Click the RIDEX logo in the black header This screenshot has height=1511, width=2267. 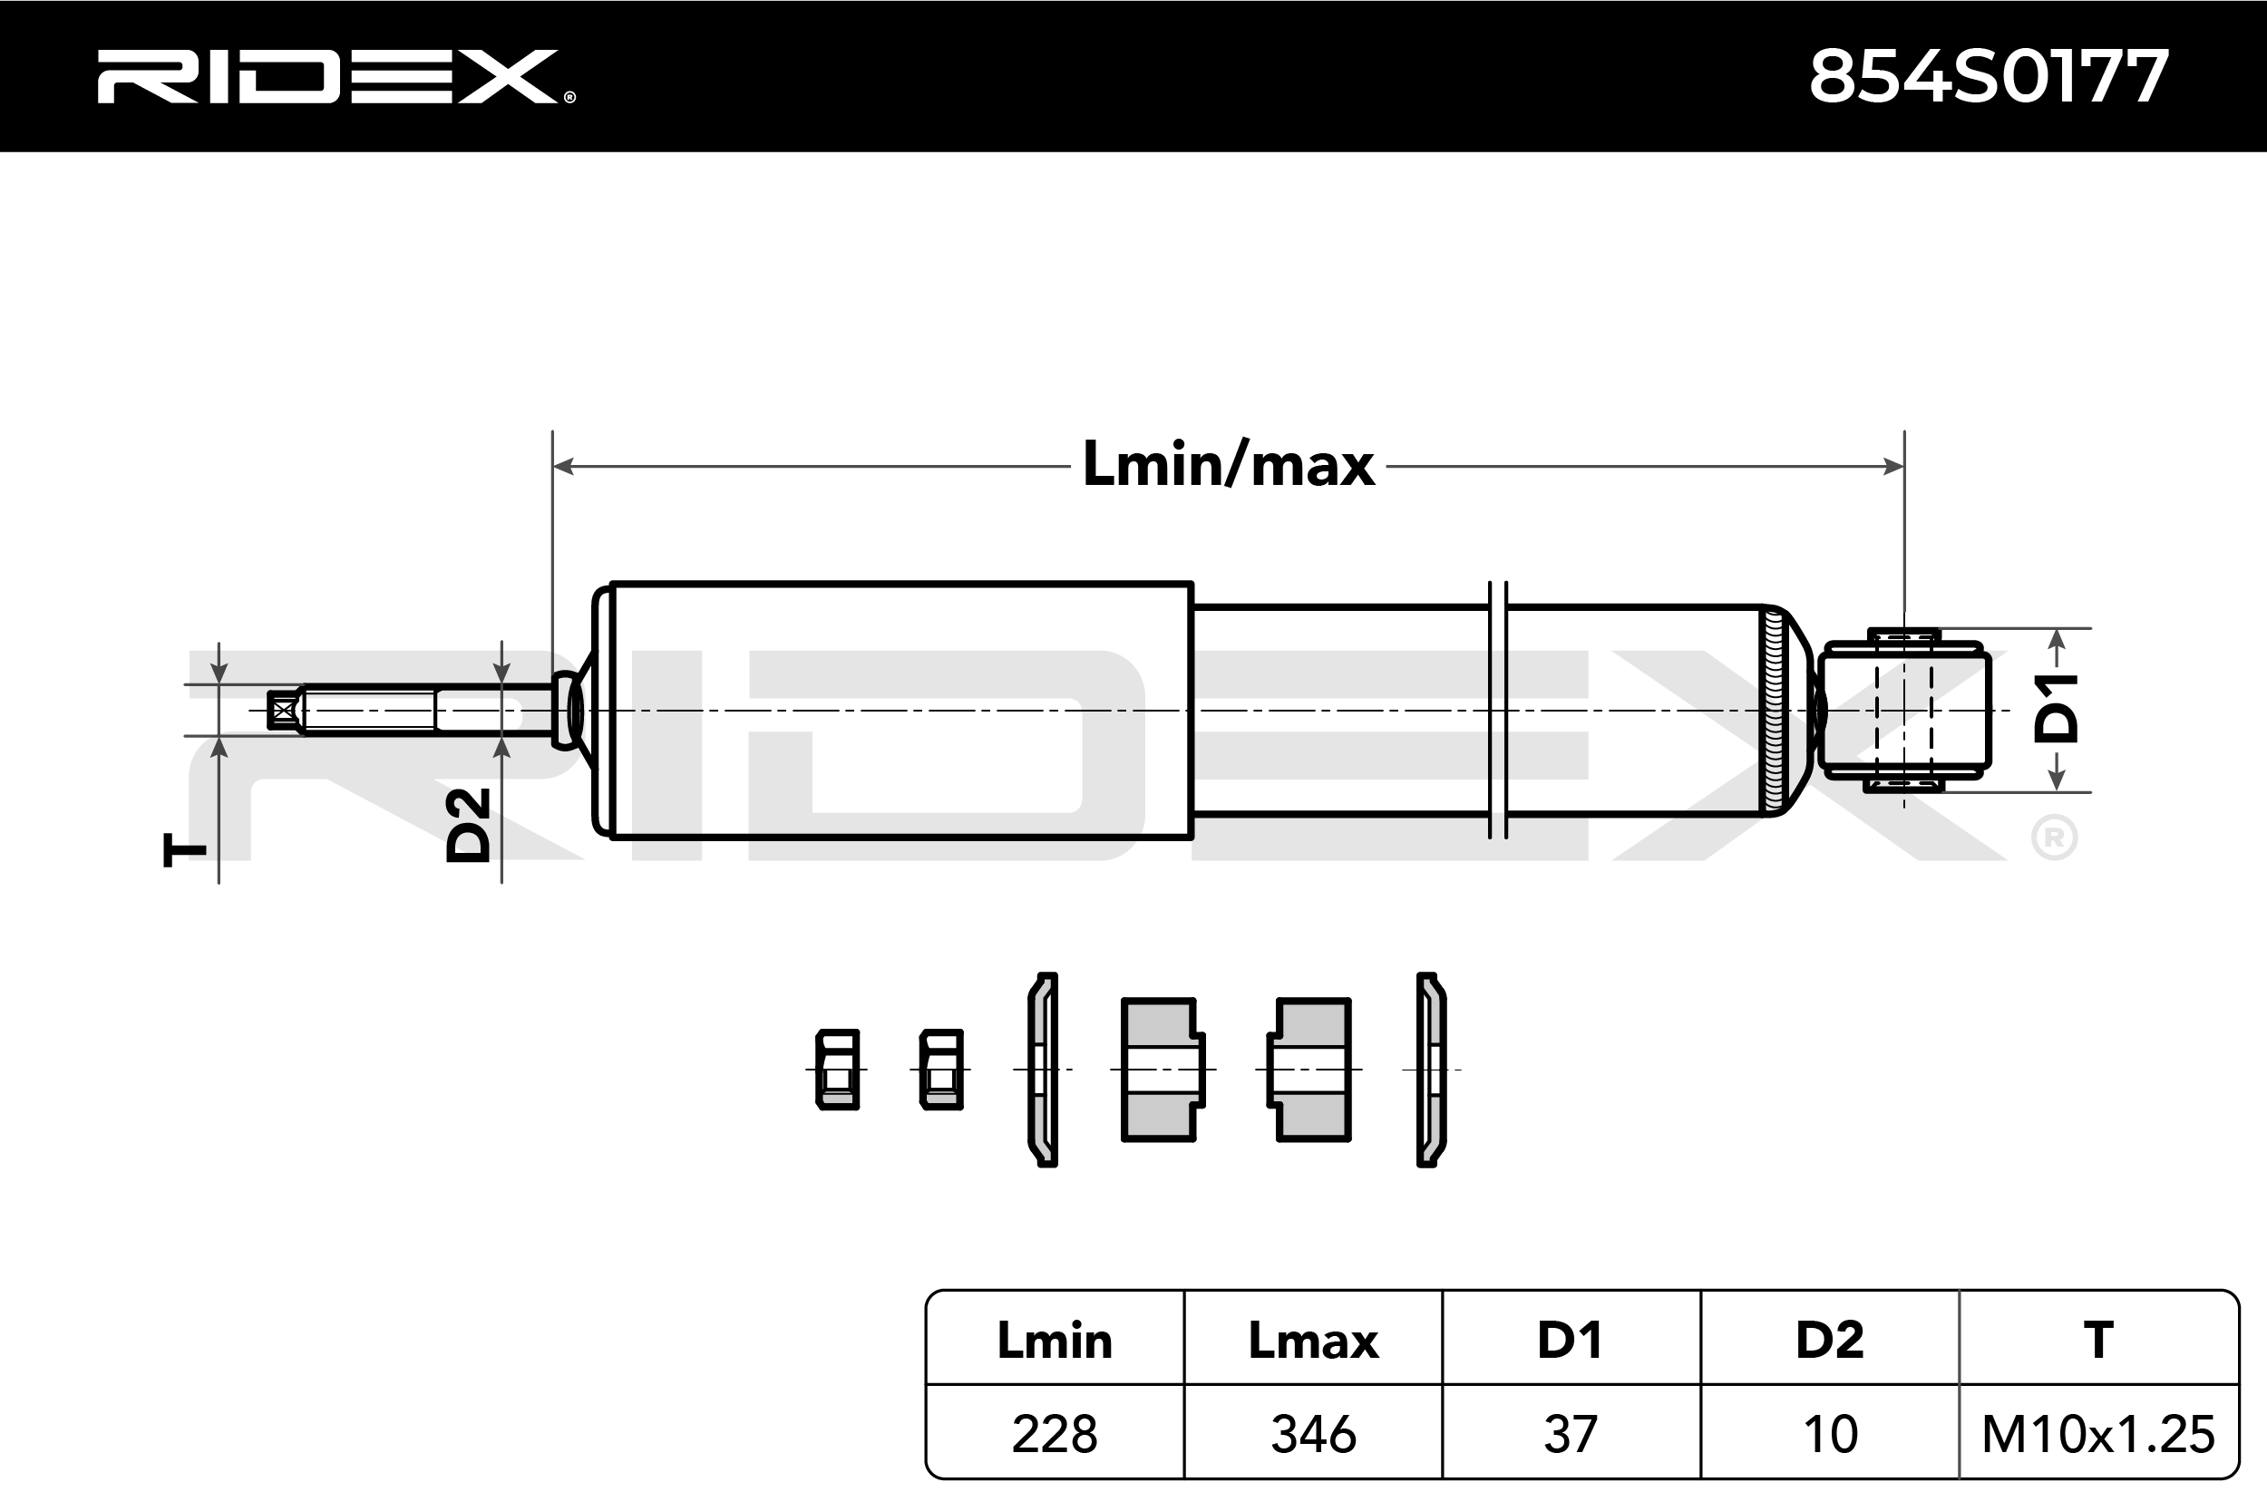click(x=336, y=76)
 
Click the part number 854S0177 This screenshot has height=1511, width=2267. click(x=1990, y=77)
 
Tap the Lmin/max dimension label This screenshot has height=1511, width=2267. click(x=1229, y=464)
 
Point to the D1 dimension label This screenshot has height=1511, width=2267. click(x=2056, y=708)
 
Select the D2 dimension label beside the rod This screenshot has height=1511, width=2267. click(x=469, y=825)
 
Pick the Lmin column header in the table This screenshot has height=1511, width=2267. click(x=1055, y=1341)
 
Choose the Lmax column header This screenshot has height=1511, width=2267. click(x=1313, y=1341)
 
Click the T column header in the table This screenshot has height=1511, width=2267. click(x=2098, y=1341)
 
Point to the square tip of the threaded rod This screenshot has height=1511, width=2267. click(x=282, y=712)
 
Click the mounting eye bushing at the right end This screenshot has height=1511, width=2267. click(x=1903, y=711)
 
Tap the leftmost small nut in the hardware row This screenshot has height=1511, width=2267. click(x=838, y=1070)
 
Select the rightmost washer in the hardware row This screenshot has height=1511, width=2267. click(x=1431, y=1070)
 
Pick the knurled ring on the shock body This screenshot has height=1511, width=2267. click(x=1772, y=711)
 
